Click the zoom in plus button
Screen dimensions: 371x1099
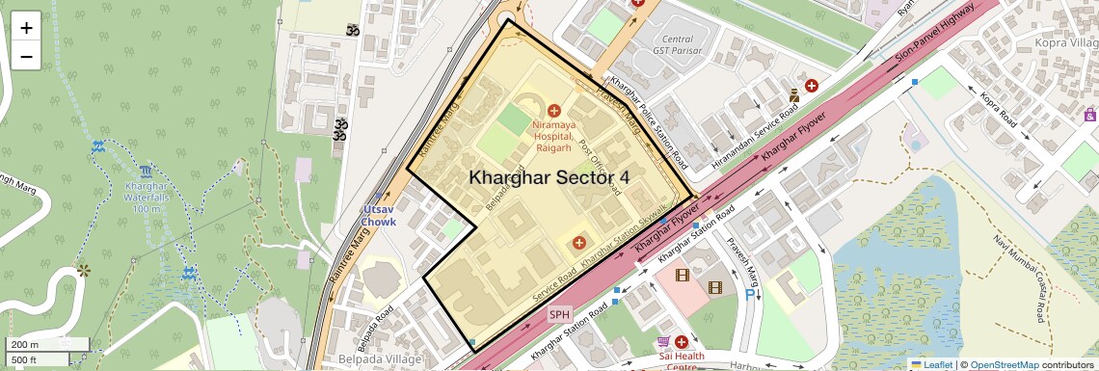pyautogui.click(x=26, y=27)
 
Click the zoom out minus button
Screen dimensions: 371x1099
pyautogui.click(x=26, y=56)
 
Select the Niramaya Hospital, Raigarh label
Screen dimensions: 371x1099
pyautogui.click(x=553, y=137)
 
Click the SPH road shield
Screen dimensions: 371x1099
pyautogui.click(x=560, y=314)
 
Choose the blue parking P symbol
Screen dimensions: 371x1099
pyautogui.click(x=750, y=296)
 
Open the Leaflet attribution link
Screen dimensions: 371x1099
pyautogui.click(x=931, y=364)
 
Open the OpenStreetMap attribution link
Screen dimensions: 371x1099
pyautogui.click(x=1004, y=364)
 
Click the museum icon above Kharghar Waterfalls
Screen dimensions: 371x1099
pyautogui.click(x=145, y=171)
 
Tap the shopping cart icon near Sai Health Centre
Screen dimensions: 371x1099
pyautogui.click(x=663, y=342)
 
